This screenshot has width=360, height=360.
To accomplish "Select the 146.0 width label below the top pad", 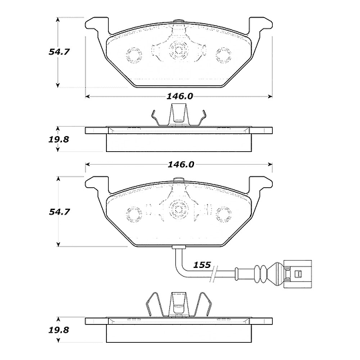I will click(180, 96).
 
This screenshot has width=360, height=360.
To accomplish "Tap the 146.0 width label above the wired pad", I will click(180, 164).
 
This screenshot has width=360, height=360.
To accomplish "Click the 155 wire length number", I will click(202, 265).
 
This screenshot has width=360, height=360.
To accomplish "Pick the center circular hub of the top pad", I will click(178, 50).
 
